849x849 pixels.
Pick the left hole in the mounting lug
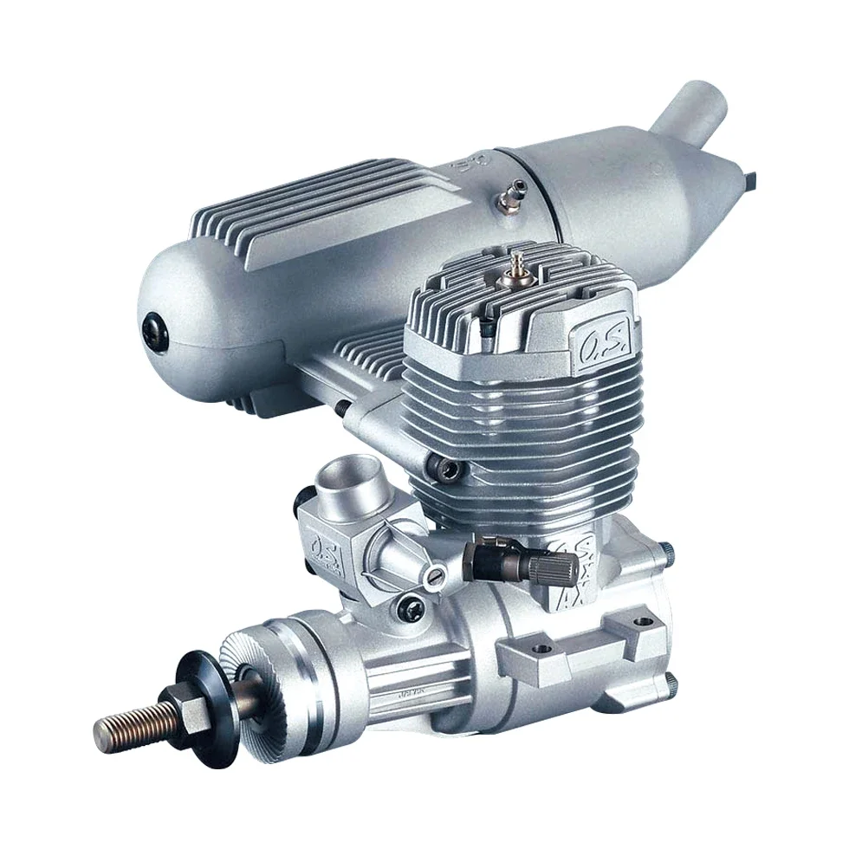pos(545,647)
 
